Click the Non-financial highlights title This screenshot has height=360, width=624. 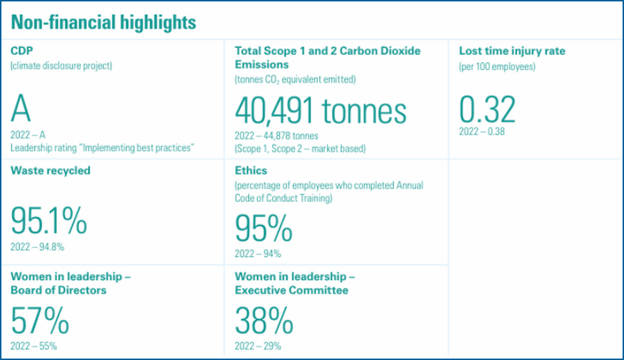tap(104, 22)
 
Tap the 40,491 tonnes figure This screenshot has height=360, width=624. tap(321, 111)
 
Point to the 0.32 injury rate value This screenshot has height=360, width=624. tap(486, 110)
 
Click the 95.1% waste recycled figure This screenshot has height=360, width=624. tap(49, 223)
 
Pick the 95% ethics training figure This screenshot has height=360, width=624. tap(263, 229)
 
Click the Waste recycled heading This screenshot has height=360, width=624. tap(51, 171)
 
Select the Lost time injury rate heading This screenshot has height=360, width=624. tap(512, 51)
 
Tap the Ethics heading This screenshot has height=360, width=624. tap(251, 171)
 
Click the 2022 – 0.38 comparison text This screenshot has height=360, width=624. tap(482, 131)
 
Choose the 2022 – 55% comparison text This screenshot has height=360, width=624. tap(34, 346)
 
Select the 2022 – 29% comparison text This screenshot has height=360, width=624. tap(258, 346)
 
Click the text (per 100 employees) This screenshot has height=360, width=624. tap(496, 67)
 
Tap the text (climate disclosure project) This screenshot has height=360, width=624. tap(61, 66)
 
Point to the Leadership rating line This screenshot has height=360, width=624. tap(103, 148)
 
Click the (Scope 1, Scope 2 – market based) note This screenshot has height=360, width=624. tap(301, 149)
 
